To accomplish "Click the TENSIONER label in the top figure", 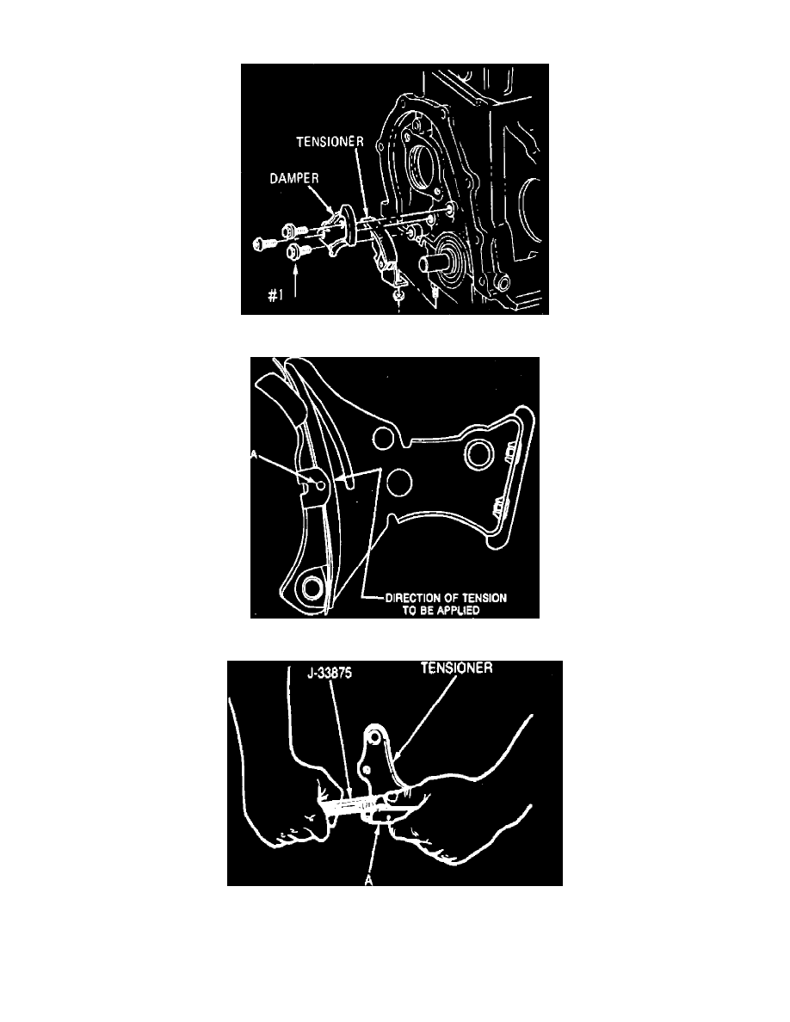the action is (x=330, y=141).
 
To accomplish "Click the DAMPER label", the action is (x=294, y=178).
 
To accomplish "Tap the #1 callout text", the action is (x=275, y=295).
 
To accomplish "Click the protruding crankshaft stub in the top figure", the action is (x=435, y=265).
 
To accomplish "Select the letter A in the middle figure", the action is (x=254, y=456).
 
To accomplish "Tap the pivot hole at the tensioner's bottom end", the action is (x=312, y=588).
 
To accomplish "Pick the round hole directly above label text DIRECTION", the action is (x=398, y=483).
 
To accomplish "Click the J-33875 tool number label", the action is (x=330, y=672).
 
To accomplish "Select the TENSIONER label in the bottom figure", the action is (x=456, y=668).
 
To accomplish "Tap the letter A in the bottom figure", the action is (x=369, y=880).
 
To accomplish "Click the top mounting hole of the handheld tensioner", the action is (x=375, y=737).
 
